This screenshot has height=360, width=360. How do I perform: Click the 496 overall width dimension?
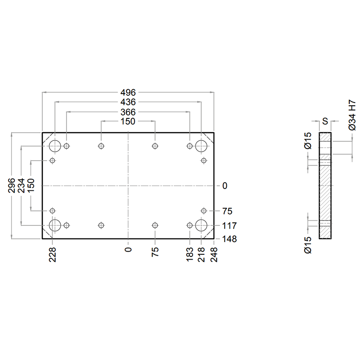[x=128, y=93]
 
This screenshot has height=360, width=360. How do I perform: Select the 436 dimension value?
[x=128, y=102]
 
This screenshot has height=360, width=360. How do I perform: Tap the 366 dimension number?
[x=128, y=112]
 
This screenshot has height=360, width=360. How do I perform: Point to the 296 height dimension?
[x=11, y=185]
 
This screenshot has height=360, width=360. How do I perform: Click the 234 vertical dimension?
[x=21, y=185]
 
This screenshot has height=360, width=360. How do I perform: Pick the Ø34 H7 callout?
[x=352, y=115]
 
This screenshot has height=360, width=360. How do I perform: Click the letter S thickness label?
[x=325, y=121]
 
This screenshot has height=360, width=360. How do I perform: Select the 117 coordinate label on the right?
[x=229, y=226]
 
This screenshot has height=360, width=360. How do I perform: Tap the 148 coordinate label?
[x=229, y=239]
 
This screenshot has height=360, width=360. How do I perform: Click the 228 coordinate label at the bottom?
[x=53, y=255]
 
